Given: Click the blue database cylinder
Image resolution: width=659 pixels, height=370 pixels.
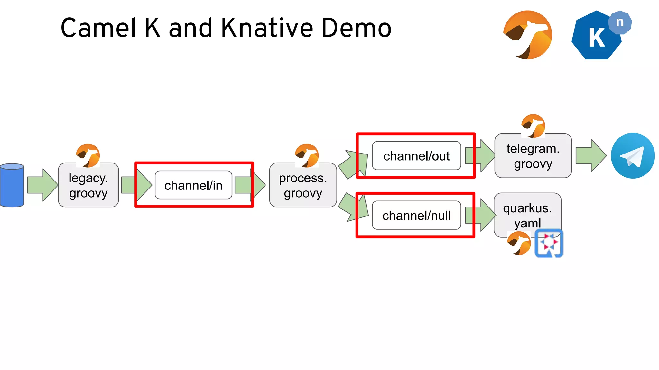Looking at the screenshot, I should pyautogui.click(x=12, y=185).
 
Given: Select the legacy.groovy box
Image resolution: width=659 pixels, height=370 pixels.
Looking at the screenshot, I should pyautogui.click(x=88, y=186).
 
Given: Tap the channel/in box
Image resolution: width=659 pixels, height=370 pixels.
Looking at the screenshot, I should pyautogui.click(x=193, y=185).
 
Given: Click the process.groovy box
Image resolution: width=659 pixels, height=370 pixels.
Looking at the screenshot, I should pyautogui.click(x=303, y=186).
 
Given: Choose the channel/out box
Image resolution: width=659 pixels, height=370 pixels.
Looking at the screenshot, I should pyautogui.click(x=416, y=156).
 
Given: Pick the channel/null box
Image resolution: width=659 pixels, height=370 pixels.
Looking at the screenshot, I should pyautogui.click(x=416, y=215).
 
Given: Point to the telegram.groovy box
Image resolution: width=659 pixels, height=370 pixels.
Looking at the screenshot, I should pyautogui.click(x=533, y=156).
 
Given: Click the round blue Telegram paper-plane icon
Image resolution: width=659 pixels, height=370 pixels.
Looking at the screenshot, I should pyautogui.click(x=633, y=156).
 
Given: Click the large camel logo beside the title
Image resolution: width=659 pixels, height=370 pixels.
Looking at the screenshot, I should pyautogui.click(x=528, y=35).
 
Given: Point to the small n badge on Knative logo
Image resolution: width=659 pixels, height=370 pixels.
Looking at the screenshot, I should pyautogui.click(x=620, y=22).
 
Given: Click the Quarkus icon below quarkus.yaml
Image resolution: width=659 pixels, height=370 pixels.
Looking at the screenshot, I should pyautogui.click(x=549, y=243).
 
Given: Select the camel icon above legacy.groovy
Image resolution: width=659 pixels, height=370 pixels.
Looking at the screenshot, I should pyautogui.click(x=88, y=155).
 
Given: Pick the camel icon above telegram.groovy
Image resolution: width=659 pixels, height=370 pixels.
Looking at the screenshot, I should pyautogui.click(x=533, y=126).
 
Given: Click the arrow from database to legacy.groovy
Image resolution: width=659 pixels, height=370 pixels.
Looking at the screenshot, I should pyautogui.click(x=42, y=185).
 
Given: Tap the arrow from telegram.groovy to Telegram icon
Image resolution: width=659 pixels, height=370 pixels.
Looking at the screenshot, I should pyautogui.click(x=591, y=156).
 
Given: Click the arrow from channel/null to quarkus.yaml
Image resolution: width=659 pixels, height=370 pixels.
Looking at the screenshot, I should pyautogui.click(x=480, y=215).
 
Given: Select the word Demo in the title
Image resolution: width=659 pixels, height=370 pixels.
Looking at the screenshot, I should pyautogui.click(x=356, y=28).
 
